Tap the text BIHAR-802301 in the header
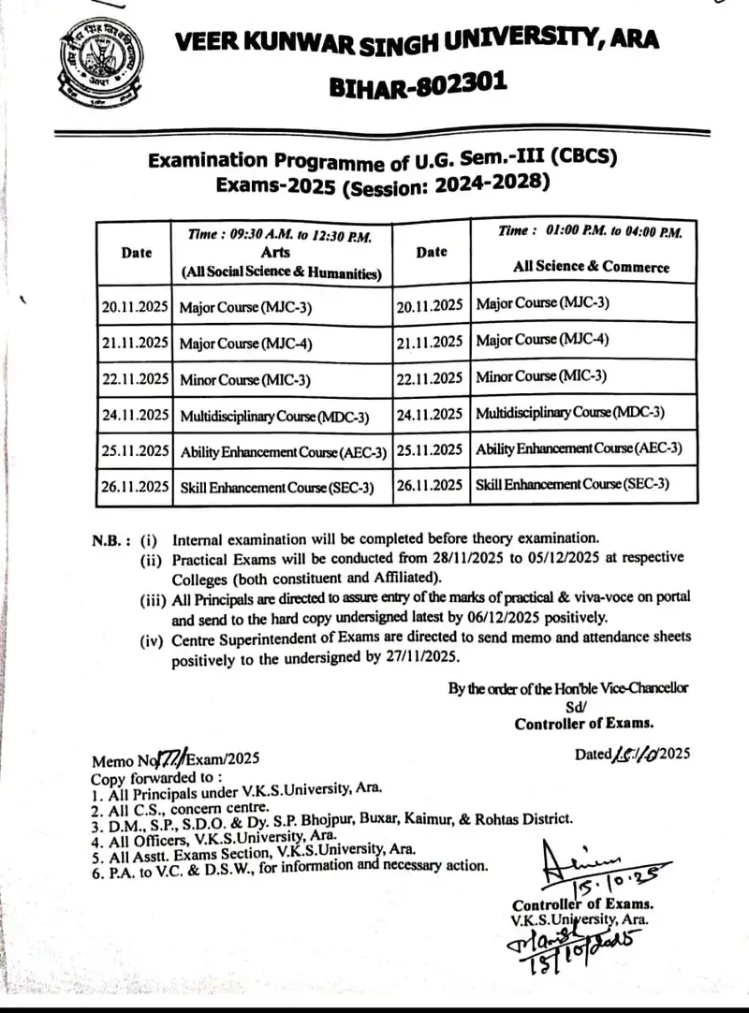pos(419,86)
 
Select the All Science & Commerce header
pos(591,266)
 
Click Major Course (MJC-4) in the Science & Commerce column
pos(542,339)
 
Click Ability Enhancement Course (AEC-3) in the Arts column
pos(283,451)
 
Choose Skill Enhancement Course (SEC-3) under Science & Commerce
pos(572,484)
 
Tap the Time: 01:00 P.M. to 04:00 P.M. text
pos(590,231)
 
